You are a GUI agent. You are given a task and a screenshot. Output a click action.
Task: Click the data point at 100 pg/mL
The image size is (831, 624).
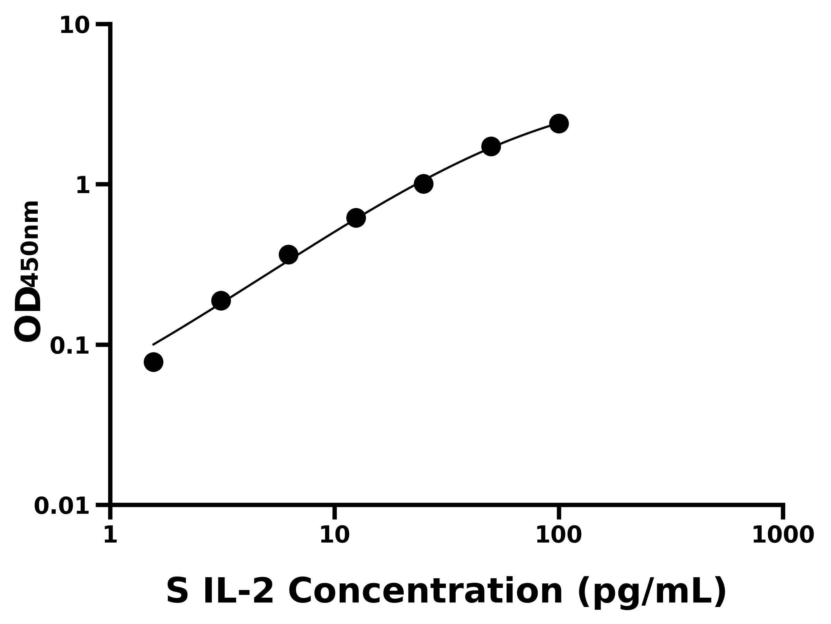pyautogui.click(x=559, y=124)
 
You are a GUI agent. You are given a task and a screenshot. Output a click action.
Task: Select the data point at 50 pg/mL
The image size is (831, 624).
pyautogui.click(x=491, y=146)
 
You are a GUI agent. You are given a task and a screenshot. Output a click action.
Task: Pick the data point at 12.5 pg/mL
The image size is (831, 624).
pyautogui.click(x=356, y=218)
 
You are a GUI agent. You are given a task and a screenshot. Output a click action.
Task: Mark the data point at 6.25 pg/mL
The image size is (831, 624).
pyautogui.click(x=288, y=255)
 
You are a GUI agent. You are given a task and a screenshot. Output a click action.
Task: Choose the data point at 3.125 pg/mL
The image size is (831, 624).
pyautogui.click(x=221, y=301)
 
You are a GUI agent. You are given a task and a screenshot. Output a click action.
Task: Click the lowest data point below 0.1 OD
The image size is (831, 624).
pyautogui.click(x=153, y=362)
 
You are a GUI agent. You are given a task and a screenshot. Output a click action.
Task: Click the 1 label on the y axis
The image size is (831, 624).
pyautogui.click(x=83, y=186)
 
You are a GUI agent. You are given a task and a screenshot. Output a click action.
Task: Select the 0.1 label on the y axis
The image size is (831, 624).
pyautogui.click(x=70, y=346)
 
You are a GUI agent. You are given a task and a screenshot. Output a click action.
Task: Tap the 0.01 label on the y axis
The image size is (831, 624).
pyautogui.click(x=62, y=506)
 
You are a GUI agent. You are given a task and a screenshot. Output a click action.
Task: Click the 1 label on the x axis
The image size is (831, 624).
pyautogui.click(x=110, y=535)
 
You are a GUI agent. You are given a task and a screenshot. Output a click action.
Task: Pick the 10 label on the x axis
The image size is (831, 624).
pyautogui.click(x=334, y=535)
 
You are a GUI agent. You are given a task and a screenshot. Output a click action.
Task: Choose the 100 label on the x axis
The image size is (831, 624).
pyautogui.click(x=558, y=535)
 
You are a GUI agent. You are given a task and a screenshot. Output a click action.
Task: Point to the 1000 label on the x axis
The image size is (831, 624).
pyautogui.click(x=783, y=535)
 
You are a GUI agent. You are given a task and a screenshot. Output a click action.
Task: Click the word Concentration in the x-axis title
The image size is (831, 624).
pyautogui.click(x=425, y=592)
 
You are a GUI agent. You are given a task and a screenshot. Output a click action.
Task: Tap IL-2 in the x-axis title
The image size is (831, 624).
pyautogui.click(x=238, y=592)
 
